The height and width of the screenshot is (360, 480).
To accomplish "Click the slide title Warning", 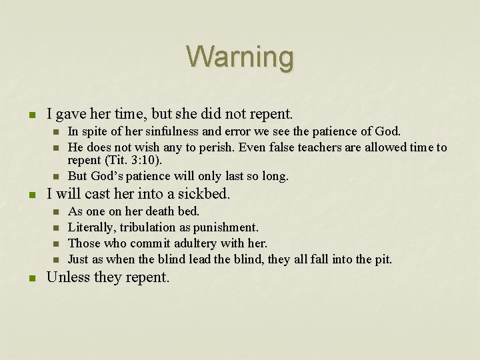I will (240, 57).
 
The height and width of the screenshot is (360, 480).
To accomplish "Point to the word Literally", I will (92, 227).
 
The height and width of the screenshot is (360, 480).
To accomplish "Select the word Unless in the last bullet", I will (68, 277).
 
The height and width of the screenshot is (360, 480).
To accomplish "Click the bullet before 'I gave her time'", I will (30, 115).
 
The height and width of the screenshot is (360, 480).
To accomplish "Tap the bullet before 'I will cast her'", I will (30, 195).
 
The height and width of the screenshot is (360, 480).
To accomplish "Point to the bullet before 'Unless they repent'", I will (30, 277).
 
